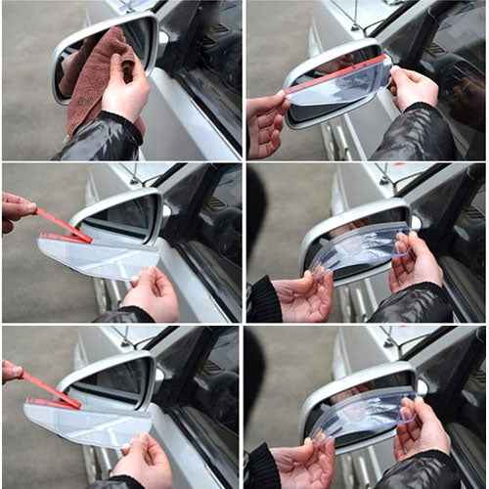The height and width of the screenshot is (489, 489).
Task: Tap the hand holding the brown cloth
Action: [125, 93]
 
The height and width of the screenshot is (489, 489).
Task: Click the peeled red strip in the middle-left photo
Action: [65, 224]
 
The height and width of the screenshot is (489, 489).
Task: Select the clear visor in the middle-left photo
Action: [98, 256]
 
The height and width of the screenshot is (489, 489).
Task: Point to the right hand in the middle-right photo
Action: [416, 259]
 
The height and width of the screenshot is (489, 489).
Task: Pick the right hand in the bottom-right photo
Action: [421, 425]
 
